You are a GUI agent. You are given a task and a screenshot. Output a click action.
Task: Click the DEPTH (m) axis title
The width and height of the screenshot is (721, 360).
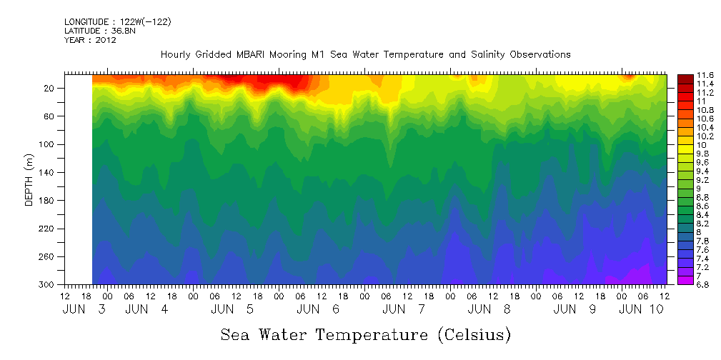coord(29,179)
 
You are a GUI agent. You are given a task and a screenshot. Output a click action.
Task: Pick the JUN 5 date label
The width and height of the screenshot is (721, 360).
coord(233,309)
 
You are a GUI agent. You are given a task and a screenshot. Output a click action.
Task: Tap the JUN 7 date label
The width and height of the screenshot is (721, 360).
coord(404,309)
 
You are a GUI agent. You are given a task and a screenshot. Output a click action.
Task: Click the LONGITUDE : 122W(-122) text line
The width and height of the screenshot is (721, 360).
coord(117,22)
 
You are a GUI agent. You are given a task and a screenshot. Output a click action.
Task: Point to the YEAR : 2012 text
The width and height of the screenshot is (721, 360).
coord(90,40)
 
